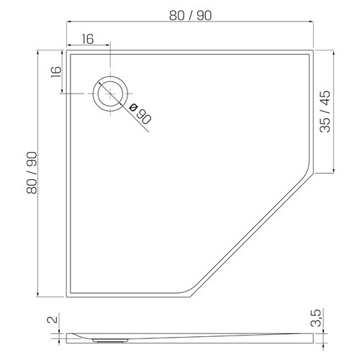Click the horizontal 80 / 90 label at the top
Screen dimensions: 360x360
190,14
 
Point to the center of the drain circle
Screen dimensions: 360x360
111,93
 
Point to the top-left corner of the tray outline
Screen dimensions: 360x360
66,52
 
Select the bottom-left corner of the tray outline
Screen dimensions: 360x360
66,295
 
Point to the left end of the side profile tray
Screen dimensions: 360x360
67,335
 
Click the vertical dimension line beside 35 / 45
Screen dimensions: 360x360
336,112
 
